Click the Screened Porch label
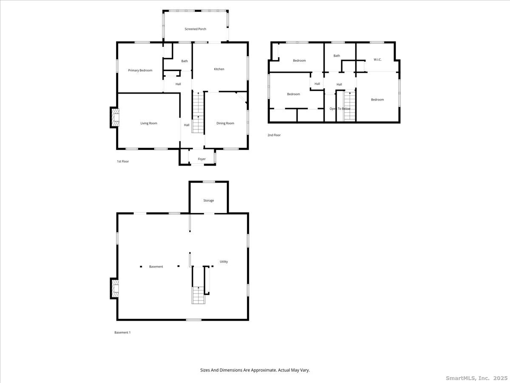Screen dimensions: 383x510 pyautogui.click(x=195, y=29)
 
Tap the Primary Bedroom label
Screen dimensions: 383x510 pyautogui.click(x=140, y=70)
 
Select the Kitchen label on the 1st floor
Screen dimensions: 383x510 pyautogui.click(x=219, y=69)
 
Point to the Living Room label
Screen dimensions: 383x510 pyautogui.click(x=149, y=123)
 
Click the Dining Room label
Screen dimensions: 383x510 pyautogui.click(x=225, y=123)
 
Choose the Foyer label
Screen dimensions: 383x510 pyautogui.click(x=202, y=159)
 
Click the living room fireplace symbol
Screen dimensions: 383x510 pyautogui.click(x=115, y=118)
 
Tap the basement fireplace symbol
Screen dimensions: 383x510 pyautogui.click(x=115, y=289)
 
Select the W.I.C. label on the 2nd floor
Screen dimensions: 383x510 pyautogui.click(x=377, y=60)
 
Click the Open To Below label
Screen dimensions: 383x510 pyautogui.click(x=340, y=109)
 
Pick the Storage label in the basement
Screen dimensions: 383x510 pyautogui.click(x=208, y=200)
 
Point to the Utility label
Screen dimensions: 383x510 pyautogui.click(x=224, y=262)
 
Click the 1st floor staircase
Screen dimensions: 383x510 pyautogui.click(x=198, y=113)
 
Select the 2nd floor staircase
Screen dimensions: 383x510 pyautogui.click(x=349, y=106)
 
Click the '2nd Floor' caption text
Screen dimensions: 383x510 pyautogui.click(x=274, y=135)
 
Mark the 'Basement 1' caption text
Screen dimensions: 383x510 pyautogui.click(x=122, y=332)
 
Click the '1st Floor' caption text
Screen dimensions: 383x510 pyautogui.click(x=123, y=162)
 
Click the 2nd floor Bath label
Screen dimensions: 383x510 pyautogui.click(x=337, y=56)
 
